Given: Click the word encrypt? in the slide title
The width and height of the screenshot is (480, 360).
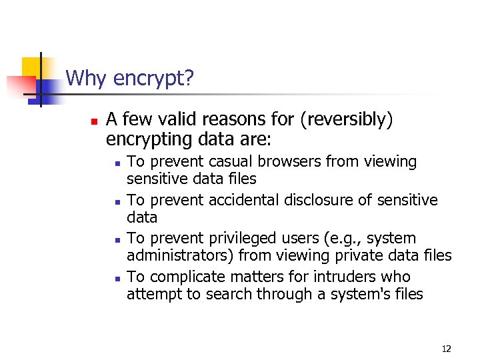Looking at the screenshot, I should tap(153, 79).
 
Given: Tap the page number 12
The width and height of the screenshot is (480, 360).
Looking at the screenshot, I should tap(446, 349).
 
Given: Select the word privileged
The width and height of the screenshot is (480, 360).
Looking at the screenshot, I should tap(249, 239).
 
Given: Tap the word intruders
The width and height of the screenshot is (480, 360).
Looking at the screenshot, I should tap(348, 277).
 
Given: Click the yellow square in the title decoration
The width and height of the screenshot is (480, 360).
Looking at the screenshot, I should tap(31, 67).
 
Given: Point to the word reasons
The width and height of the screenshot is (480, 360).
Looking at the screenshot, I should tap(243, 120).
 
